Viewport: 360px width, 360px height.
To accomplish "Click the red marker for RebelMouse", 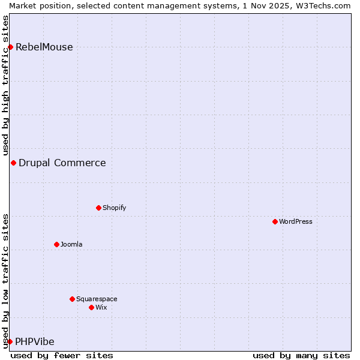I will coord(10,47).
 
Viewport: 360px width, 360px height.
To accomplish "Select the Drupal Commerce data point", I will coord(13,163).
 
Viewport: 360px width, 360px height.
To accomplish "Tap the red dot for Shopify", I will coord(98,208).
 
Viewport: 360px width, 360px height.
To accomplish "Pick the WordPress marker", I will coord(275,221).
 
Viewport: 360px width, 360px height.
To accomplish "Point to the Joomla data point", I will coord(56,244).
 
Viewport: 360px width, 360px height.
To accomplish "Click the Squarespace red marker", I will coord(72,299).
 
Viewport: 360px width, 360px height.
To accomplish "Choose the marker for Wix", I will coord(91,307).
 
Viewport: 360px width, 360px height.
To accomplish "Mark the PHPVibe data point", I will coord(10,341).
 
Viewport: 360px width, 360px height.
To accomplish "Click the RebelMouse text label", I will coord(44,47).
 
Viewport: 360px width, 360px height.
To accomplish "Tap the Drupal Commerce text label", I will coord(62,163).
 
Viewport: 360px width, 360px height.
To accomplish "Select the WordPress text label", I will coord(296,221).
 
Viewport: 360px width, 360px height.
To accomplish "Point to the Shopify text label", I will coord(115,208).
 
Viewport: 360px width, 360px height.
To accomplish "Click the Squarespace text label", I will coord(97,299).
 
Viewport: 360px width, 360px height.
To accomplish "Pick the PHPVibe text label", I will coord(35,341).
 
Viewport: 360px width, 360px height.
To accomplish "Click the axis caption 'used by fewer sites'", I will coord(62,355).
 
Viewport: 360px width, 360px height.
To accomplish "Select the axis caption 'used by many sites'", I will coord(301,355).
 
